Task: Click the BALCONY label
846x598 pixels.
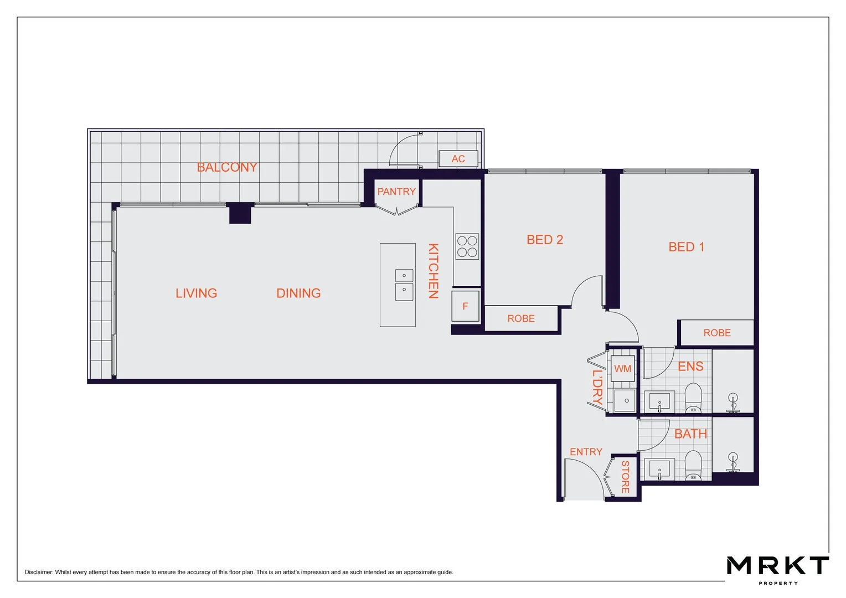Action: [226, 167]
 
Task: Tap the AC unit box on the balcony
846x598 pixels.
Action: [458, 159]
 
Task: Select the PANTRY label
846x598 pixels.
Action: [396, 192]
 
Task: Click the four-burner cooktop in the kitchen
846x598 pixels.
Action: [467, 246]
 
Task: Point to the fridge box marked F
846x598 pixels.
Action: [465, 306]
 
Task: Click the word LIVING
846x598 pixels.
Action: [196, 293]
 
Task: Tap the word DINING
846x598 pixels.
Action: [298, 293]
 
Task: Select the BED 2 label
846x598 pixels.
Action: [545, 240]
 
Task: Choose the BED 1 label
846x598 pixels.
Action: [686, 247]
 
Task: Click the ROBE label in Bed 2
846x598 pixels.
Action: [521, 318]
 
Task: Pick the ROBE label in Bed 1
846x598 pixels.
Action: [717, 333]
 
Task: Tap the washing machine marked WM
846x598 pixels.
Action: [623, 368]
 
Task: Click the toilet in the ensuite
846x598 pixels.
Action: [693, 398]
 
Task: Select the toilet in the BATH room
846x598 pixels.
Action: [693, 466]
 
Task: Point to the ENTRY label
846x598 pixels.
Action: [586, 452]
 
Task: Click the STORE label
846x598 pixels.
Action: [625, 477]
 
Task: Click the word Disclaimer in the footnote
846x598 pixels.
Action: [39, 572]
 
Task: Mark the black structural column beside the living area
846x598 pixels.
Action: [240, 213]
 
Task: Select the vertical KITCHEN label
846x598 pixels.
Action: [433, 271]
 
